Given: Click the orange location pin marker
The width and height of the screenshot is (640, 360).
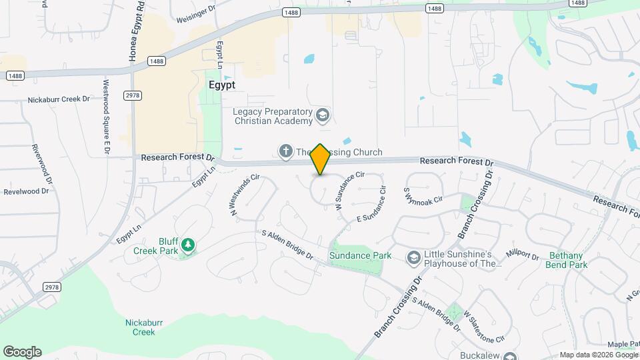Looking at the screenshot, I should pos(321,159).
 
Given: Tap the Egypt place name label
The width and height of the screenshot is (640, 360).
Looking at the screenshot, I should pos(222,85).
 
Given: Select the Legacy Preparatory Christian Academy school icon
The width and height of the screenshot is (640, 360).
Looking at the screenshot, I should pos(323,116).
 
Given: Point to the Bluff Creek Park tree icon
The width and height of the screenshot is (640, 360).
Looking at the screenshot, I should pos(189,245).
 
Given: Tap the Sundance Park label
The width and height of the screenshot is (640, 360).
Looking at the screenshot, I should pos(357,255).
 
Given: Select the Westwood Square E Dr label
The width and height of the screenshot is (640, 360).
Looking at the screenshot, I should pos(106,118).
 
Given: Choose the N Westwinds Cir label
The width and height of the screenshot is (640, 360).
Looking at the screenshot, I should pos(245,195).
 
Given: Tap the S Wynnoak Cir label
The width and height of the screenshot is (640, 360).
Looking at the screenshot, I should pos(423,195).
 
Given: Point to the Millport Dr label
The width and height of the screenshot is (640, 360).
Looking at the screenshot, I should pos(523,255).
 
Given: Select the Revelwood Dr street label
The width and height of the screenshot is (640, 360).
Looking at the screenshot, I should pos(27,191).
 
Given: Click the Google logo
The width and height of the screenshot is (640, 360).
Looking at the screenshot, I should pos(22,352).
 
